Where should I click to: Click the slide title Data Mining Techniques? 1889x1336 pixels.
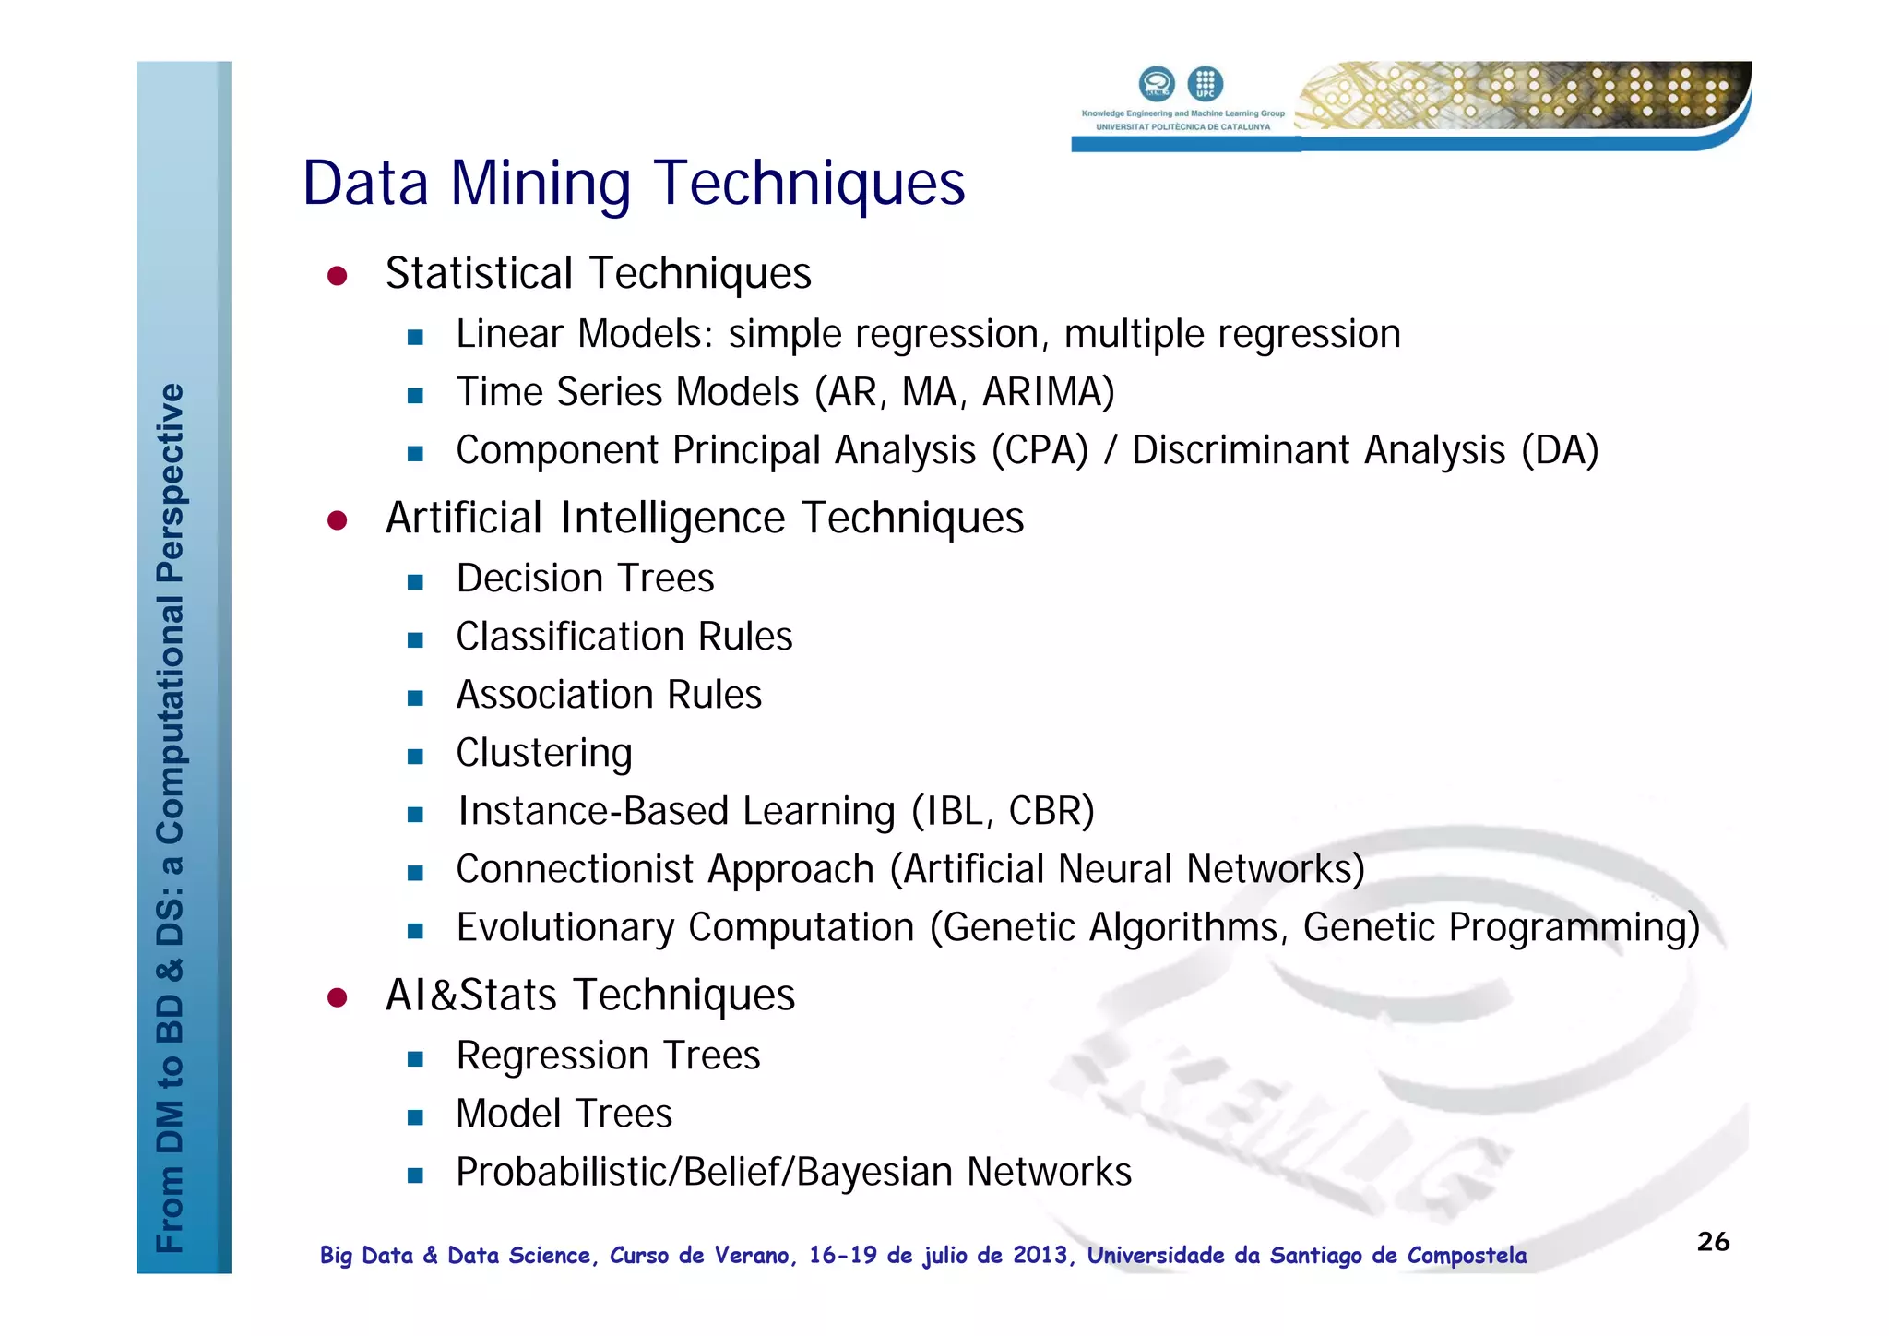[x=634, y=183]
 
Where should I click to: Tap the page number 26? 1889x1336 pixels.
[x=1713, y=1241]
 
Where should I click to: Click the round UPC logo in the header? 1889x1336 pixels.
[x=1205, y=84]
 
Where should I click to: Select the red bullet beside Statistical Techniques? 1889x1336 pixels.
[x=338, y=276]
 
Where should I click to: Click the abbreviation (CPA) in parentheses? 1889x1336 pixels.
[x=1040, y=450]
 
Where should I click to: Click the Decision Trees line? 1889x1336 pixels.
[x=585, y=579]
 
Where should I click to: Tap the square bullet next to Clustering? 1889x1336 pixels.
[x=415, y=757]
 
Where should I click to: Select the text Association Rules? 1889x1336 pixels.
[x=609, y=695]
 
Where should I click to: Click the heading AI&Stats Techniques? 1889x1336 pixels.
[x=590, y=995]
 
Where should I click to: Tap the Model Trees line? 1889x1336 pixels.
[x=564, y=1114]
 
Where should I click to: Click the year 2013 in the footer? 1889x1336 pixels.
[x=1040, y=1255]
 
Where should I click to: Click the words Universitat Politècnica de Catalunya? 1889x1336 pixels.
[x=1182, y=127]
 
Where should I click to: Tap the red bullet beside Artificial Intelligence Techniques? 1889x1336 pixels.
[x=338, y=520]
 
